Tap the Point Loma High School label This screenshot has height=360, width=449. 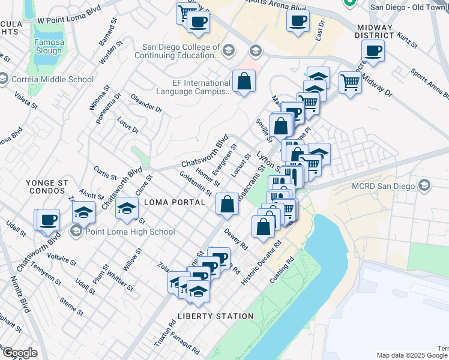pyautogui.click(x=130, y=232)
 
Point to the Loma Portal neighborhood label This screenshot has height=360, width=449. pyautogui.click(x=175, y=203)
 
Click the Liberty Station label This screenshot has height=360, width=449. pyautogui.click(x=215, y=316)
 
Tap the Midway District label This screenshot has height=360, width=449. pyautogui.click(x=375, y=32)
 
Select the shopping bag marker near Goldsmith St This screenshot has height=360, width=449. pyautogui.click(x=228, y=204)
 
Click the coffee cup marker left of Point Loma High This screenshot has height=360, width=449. pyautogui.click(x=48, y=220)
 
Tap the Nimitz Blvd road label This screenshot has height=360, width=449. pyautogui.click(x=19, y=295)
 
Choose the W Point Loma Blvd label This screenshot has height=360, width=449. pyautogui.click(x=69, y=20)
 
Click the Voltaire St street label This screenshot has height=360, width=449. pyautogui.click(x=62, y=259)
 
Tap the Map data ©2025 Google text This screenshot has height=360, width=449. pyautogui.click(x=403, y=355)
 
